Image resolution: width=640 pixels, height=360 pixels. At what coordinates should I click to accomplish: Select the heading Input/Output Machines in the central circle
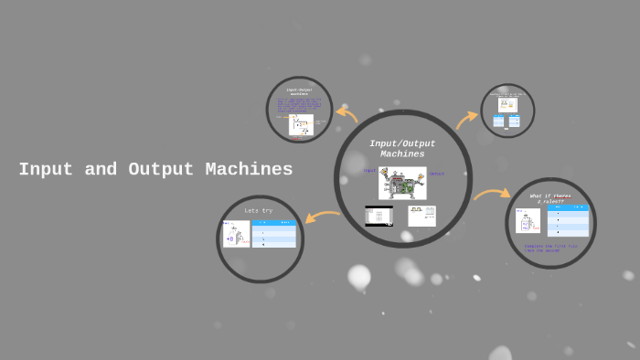(402, 149)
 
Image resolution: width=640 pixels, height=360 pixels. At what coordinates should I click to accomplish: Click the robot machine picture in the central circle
(402, 183)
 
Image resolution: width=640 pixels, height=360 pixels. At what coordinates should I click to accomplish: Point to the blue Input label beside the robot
(369, 171)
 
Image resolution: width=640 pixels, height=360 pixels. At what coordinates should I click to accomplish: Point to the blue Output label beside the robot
(436, 174)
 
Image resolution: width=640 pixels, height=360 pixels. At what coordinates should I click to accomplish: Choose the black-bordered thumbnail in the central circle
(379, 217)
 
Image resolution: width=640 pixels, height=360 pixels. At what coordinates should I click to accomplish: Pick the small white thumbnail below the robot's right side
(421, 216)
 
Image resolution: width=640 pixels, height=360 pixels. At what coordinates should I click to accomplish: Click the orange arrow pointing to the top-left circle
(347, 114)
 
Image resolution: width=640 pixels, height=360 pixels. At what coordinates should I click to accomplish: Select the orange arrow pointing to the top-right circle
(466, 120)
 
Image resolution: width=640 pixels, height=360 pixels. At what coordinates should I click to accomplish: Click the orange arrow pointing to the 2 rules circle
(492, 194)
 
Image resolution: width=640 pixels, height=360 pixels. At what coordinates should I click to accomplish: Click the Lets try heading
(258, 211)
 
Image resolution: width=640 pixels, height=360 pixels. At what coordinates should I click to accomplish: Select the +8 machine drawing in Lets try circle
(236, 234)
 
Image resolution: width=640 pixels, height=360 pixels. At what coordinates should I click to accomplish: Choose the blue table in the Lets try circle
(274, 234)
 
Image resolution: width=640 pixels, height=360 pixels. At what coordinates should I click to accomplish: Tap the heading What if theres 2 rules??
(550, 198)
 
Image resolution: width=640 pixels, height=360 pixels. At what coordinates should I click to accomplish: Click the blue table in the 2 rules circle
(567, 221)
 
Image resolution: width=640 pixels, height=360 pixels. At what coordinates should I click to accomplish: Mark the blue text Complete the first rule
(550, 247)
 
